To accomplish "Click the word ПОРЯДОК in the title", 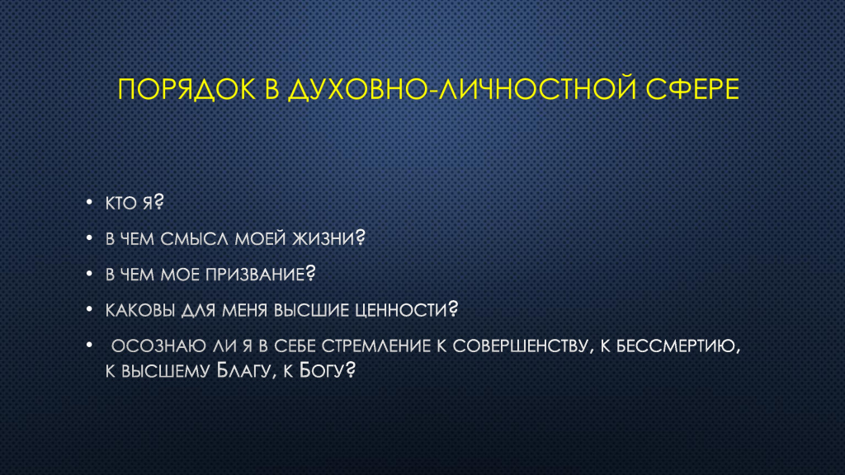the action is (x=186, y=89).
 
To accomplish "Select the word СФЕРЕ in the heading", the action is (x=692, y=89).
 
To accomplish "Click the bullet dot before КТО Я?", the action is (x=89, y=203).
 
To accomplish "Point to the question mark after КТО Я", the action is (x=158, y=201).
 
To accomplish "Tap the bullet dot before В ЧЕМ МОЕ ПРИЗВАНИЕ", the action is (x=89, y=274).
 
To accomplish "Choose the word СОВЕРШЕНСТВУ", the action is (x=520, y=346).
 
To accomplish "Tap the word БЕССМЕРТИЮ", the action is (x=676, y=346).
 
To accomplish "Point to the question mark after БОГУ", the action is (x=350, y=369).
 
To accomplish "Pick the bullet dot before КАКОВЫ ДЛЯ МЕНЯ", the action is (x=89, y=309).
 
